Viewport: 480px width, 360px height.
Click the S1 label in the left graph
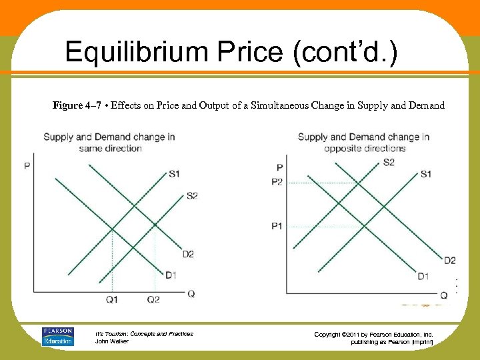[174, 175]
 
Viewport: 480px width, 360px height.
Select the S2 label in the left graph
[192, 196]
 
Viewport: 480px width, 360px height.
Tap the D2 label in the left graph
[188, 254]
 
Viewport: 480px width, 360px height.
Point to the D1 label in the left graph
[171, 275]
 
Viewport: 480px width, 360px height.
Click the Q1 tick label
[112, 300]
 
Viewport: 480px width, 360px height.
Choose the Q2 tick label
[153, 300]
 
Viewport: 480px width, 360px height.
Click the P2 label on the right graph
[277, 181]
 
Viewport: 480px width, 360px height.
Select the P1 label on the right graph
[277, 227]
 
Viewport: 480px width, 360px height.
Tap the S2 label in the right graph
[389, 163]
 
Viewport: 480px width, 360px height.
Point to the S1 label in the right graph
[426, 174]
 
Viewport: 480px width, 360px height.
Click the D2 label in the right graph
[450, 260]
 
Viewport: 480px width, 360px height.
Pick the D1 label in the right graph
[423, 276]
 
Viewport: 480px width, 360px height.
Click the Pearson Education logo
[58, 337]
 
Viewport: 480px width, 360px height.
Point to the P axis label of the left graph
[27, 165]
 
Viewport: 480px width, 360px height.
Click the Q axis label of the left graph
[191, 294]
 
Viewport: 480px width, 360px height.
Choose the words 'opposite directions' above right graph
[365, 148]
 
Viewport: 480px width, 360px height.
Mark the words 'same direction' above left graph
[111, 148]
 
